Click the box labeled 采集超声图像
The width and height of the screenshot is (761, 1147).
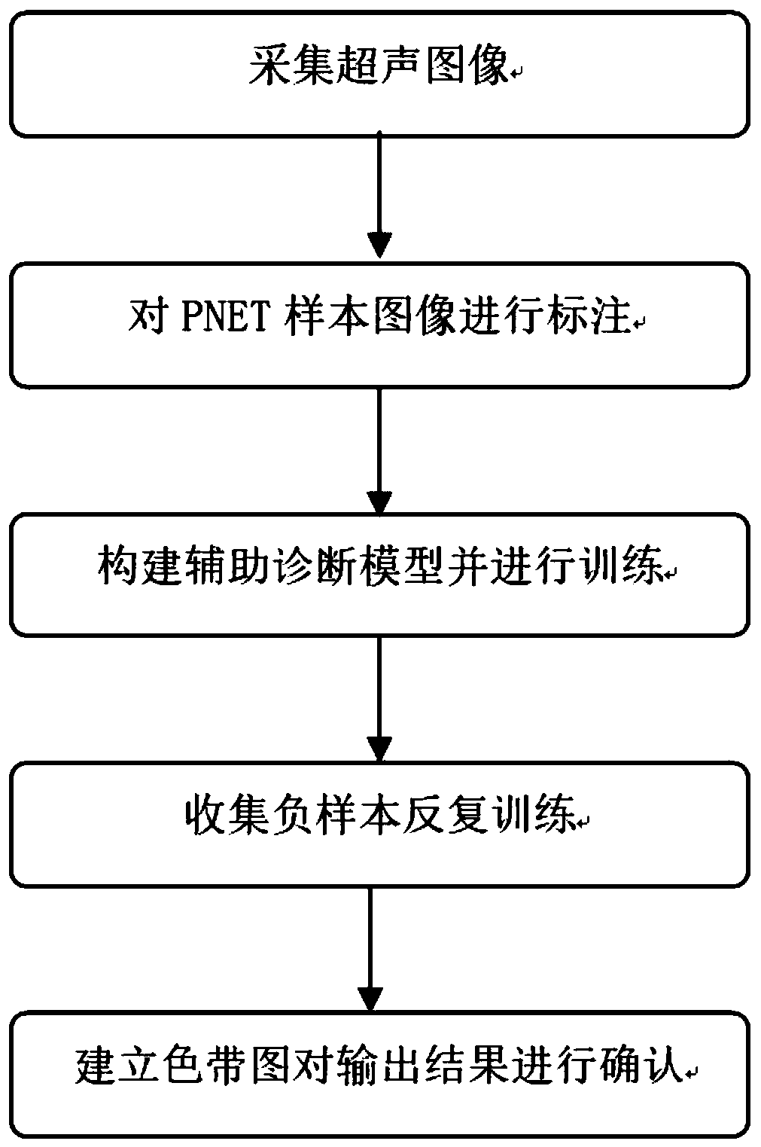[380, 73]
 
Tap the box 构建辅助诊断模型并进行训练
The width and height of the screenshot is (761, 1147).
[380, 573]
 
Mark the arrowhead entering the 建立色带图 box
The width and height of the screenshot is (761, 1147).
[370, 997]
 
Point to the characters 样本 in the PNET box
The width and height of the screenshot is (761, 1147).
[330, 319]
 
